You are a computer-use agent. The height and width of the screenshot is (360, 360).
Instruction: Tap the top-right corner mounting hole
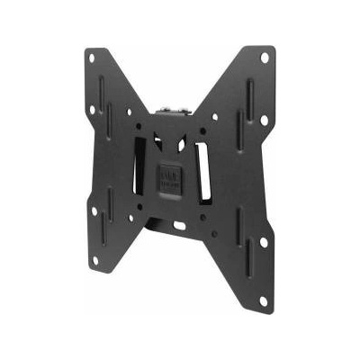tap(265, 58)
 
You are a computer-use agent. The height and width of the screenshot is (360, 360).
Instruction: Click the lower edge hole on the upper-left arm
tap(92, 110)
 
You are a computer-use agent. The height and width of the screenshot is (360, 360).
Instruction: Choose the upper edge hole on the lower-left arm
tap(94, 211)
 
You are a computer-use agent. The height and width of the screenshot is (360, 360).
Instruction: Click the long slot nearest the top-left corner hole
tap(101, 91)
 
